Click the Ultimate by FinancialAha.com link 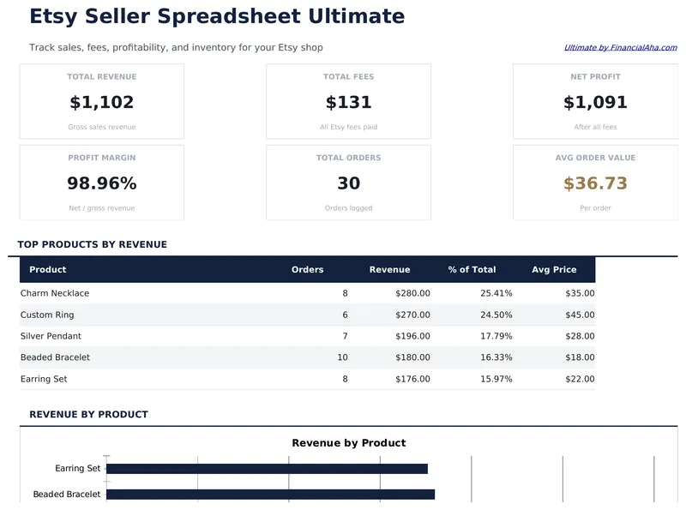[620, 48]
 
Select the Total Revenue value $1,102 [101, 103]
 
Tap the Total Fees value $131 [348, 103]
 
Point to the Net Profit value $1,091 [595, 103]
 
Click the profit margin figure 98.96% [101, 183]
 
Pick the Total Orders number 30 [348, 183]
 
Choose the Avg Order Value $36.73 [595, 183]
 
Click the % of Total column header [472, 269]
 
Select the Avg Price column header [554, 269]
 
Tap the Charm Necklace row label [55, 293]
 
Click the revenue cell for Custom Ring [412, 315]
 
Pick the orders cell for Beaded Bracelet [342, 357]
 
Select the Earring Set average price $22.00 [577, 379]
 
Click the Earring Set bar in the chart [267, 469]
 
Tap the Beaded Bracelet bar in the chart [270, 495]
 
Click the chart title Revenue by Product [348, 443]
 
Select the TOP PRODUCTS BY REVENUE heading [92, 244]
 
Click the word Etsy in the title [56, 16]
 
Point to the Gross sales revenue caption [101, 127]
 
